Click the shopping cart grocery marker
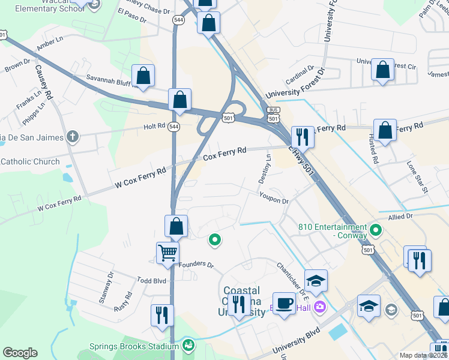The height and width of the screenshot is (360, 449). click(167, 252)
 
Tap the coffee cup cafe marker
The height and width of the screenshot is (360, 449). click(284, 302)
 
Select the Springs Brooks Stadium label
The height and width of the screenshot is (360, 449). click(134, 346)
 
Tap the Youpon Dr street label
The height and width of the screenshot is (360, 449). click(274, 198)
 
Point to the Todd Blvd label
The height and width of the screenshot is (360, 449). click(150, 280)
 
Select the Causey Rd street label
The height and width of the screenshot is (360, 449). click(44, 83)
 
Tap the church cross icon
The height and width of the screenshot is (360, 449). click(73, 137)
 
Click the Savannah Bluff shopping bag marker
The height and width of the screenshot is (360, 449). click(143, 76)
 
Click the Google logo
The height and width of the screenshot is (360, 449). click(20, 353)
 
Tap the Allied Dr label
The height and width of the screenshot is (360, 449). click(400, 216)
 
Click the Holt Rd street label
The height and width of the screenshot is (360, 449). click(154, 126)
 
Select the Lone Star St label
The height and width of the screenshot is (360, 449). click(417, 177)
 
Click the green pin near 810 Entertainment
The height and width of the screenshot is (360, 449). click(376, 229)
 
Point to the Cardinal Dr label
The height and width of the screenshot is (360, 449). click(300, 75)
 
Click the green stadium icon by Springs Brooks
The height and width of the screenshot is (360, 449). click(188, 346)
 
